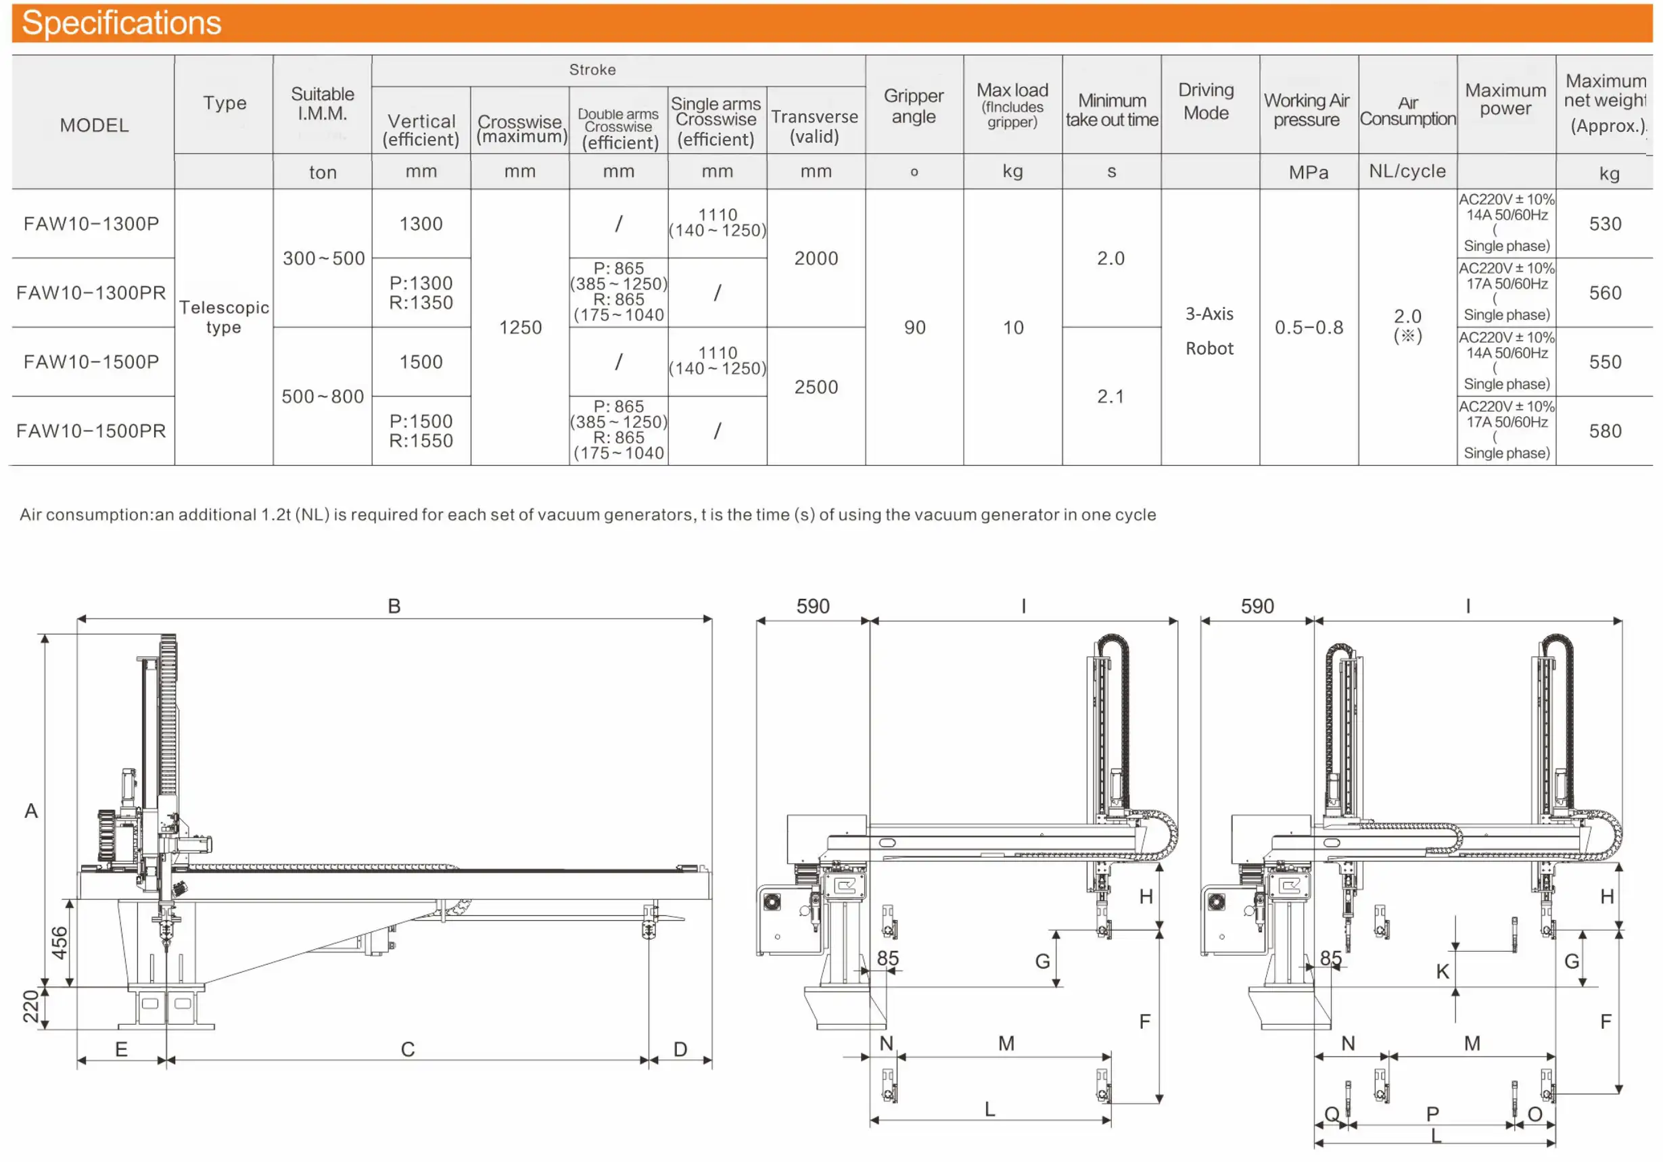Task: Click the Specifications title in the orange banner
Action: [121, 23]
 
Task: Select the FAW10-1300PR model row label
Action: [91, 293]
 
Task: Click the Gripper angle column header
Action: [914, 105]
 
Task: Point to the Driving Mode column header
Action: [1206, 101]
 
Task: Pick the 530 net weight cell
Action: [1605, 224]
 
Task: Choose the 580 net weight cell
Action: [1605, 431]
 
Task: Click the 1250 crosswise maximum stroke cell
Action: [520, 327]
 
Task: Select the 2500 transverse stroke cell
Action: [816, 387]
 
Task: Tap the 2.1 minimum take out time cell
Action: [1110, 396]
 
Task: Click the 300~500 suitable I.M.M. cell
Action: [323, 258]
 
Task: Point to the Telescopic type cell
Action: [224, 317]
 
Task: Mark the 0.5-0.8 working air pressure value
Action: [1309, 327]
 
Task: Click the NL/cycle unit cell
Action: [1407, 171]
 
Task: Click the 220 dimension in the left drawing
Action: [30, 1007]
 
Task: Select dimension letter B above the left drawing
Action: [394, 606]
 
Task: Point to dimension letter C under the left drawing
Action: [408, 1049]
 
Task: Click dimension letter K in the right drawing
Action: [1442, 971]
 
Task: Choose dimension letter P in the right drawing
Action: [1432, 1113]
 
